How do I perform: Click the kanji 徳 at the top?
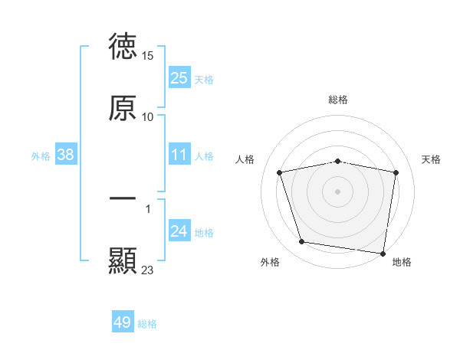(x=123, y=47)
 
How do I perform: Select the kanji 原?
(x=123, y=107)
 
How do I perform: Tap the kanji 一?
(x=123, y=199)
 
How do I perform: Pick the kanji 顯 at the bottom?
(x=123, y=260)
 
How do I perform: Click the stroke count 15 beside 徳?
(x=149, y=56)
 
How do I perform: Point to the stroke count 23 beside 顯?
(x=148, y=270)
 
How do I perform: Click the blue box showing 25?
(x=179, y=78)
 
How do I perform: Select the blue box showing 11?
(x=179, y=155)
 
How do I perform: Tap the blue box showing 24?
(x=179, y=231)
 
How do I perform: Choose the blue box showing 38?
(x=66, y=155)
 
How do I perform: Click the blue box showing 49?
(x=123, y=322)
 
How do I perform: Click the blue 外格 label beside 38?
(x=41, y=156)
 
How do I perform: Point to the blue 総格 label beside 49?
(x=147, y=324)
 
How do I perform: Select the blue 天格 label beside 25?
(x=204, y=80)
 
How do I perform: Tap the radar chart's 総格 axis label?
(x=338, y=100)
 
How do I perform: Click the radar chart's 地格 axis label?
(x=402, y=262)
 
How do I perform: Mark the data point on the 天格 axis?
(x=396, y=172)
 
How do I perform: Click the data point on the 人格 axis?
(x=280, y=172)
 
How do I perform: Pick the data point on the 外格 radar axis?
(x=301, y=242)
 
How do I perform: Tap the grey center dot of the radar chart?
(x=338, y=191)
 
